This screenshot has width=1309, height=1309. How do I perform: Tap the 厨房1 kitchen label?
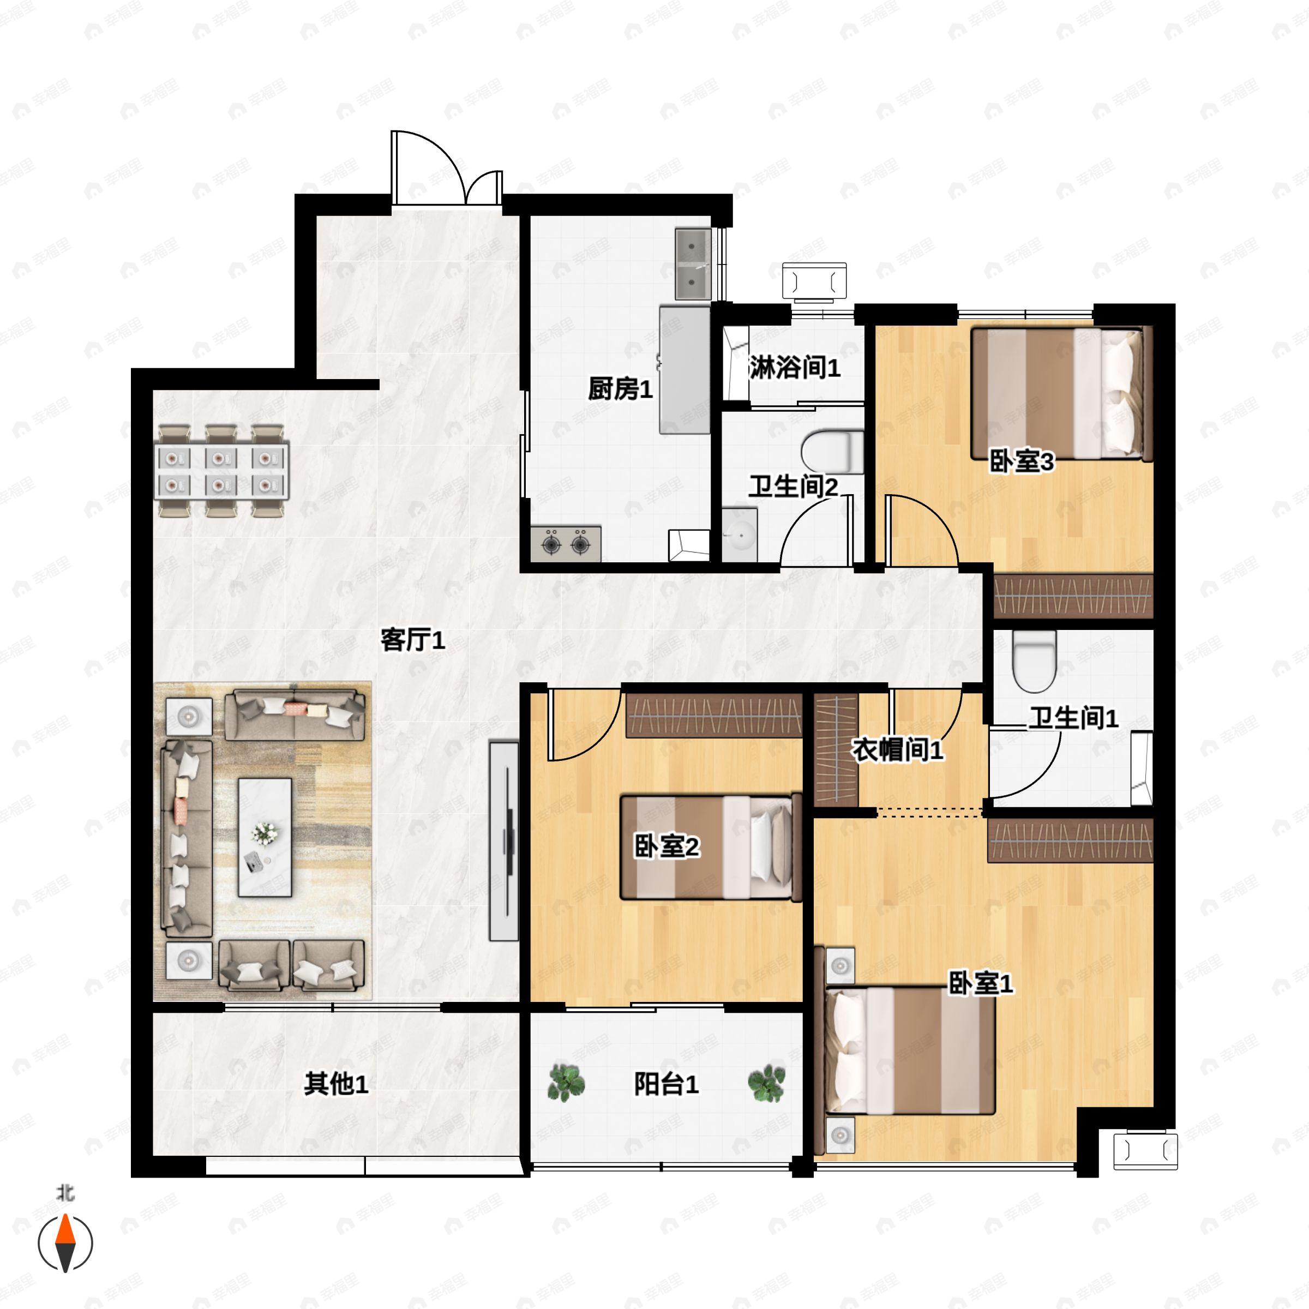tap(620, 389)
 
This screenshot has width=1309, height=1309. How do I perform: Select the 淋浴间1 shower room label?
tap(794, 368)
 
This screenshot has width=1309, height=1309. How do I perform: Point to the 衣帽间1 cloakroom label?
tap(897, 750)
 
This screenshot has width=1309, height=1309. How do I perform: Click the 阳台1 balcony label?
tap(666, 1084)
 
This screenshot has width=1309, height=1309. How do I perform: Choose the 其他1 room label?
tap(336, 1084)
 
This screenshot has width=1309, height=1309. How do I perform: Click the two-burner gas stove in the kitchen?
tap(566, 543)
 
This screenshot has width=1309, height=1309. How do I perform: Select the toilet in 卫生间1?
tap(1035, 660)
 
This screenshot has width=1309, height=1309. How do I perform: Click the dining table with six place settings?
tap(222, 471)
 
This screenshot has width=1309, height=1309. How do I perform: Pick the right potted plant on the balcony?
tap(767, 1083)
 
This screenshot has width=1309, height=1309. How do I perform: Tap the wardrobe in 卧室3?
tap(1073, 596)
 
